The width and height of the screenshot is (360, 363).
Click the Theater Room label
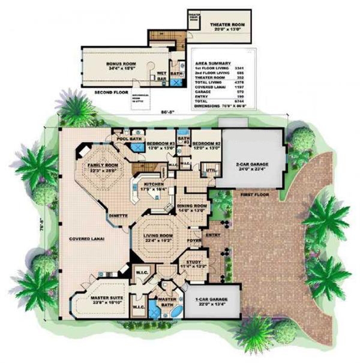pos(226,25)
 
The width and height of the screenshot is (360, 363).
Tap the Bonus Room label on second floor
pos(122,63)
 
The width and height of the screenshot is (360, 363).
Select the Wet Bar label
pos(162,75)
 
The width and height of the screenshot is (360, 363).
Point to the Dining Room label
pos(192,207)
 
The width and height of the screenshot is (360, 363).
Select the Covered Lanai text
pos(86,238)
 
